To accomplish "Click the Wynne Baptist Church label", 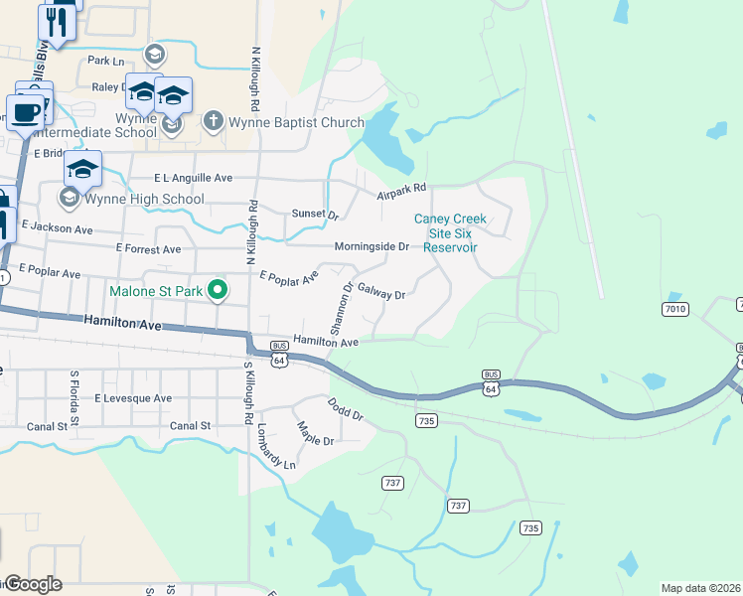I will click(297, 123).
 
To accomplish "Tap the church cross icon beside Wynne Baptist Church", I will click(212, 122).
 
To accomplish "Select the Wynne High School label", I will click(144, 199).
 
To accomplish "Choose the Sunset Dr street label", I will click(315, 215).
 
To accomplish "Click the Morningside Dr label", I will click(371, 245).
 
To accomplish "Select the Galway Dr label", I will click(381, 293).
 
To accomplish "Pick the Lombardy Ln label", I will click(275, 449).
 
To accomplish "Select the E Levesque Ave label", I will click(133, 398).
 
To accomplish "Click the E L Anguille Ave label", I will click(193, 178).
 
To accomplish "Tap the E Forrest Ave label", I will click(149, 247).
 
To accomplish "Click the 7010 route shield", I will click(675, 310).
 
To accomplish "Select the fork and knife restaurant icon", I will click(58, 21).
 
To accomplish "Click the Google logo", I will click(32, 583).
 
